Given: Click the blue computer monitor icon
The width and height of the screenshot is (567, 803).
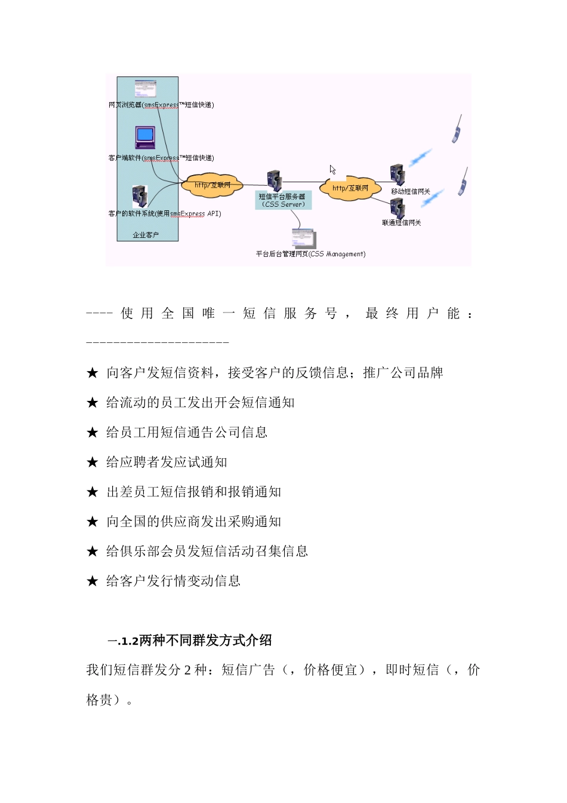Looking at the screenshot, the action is click(x=145, y=137).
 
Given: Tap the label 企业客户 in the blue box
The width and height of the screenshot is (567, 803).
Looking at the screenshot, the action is click(x=146, y=235).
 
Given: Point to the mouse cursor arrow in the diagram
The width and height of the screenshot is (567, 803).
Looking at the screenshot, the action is click(x=332, y=170).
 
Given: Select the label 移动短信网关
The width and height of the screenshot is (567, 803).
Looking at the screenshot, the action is click(x=411, y=192).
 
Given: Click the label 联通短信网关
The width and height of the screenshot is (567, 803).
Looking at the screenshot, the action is click(x=402, y=223).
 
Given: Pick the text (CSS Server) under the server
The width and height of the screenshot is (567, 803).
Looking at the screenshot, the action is click(x=283, y=204).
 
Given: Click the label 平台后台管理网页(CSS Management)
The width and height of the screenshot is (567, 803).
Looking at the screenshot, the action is click(x=310, y=254).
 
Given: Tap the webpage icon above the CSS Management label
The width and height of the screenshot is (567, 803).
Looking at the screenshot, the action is click(x=303, y=238).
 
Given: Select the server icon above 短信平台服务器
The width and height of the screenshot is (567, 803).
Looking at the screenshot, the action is click(x=274, y=180).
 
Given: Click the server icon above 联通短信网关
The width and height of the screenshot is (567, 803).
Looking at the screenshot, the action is click(x=397, y=209).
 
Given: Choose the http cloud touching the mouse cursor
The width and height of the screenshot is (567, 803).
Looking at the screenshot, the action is click(x=350, y=188).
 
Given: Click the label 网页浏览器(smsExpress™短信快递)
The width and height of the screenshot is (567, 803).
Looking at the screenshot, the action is click(x=161, y=105).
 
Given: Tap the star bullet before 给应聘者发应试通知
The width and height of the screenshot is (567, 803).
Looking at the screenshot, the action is click(x=93, y=462).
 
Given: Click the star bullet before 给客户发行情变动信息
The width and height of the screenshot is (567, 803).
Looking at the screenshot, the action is click(x=93, y=581).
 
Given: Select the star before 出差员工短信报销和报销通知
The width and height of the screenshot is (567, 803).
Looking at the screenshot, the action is click(x=93, y=492).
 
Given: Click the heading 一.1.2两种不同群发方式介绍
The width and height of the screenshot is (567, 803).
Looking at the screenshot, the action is click(x=190, y=640).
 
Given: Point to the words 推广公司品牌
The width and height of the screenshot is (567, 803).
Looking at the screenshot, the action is click(x=403, y=373).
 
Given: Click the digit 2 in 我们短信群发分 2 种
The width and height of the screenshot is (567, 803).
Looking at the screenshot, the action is click(x=187, y=670).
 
